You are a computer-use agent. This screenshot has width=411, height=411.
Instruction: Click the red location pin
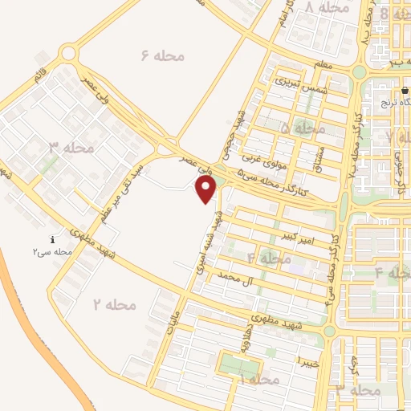click(x=207, y=189)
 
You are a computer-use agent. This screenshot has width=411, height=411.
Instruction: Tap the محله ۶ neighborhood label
click(x=163, y=55)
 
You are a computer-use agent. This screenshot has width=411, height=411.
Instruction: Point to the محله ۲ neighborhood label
click(x=114, y=305)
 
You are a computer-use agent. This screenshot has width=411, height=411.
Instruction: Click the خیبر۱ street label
click(x=307, y=361)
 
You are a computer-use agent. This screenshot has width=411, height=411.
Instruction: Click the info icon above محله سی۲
click(x=53, y=239)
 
